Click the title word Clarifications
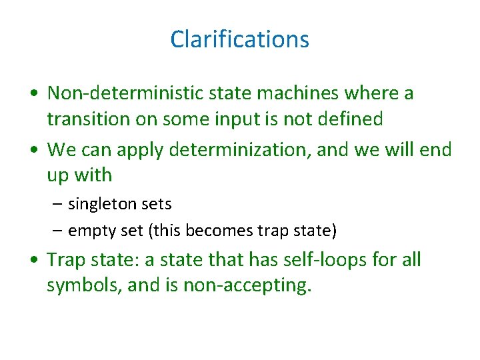[x=239, y=39]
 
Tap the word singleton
[x=100, y=203]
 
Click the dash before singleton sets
[x=59, y=203]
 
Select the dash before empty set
[x=59, y=231]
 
